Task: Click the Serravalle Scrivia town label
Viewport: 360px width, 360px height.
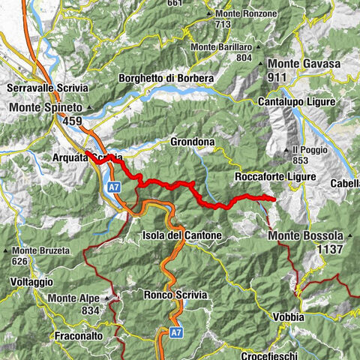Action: (x=46, y=88)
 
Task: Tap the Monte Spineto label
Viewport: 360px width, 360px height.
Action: (x=45, y=108)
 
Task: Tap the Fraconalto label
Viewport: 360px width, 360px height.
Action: (x=78, y=336)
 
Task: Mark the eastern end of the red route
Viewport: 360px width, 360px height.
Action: (x=273, y=199)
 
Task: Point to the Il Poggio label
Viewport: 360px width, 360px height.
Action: (x=310, y=149)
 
